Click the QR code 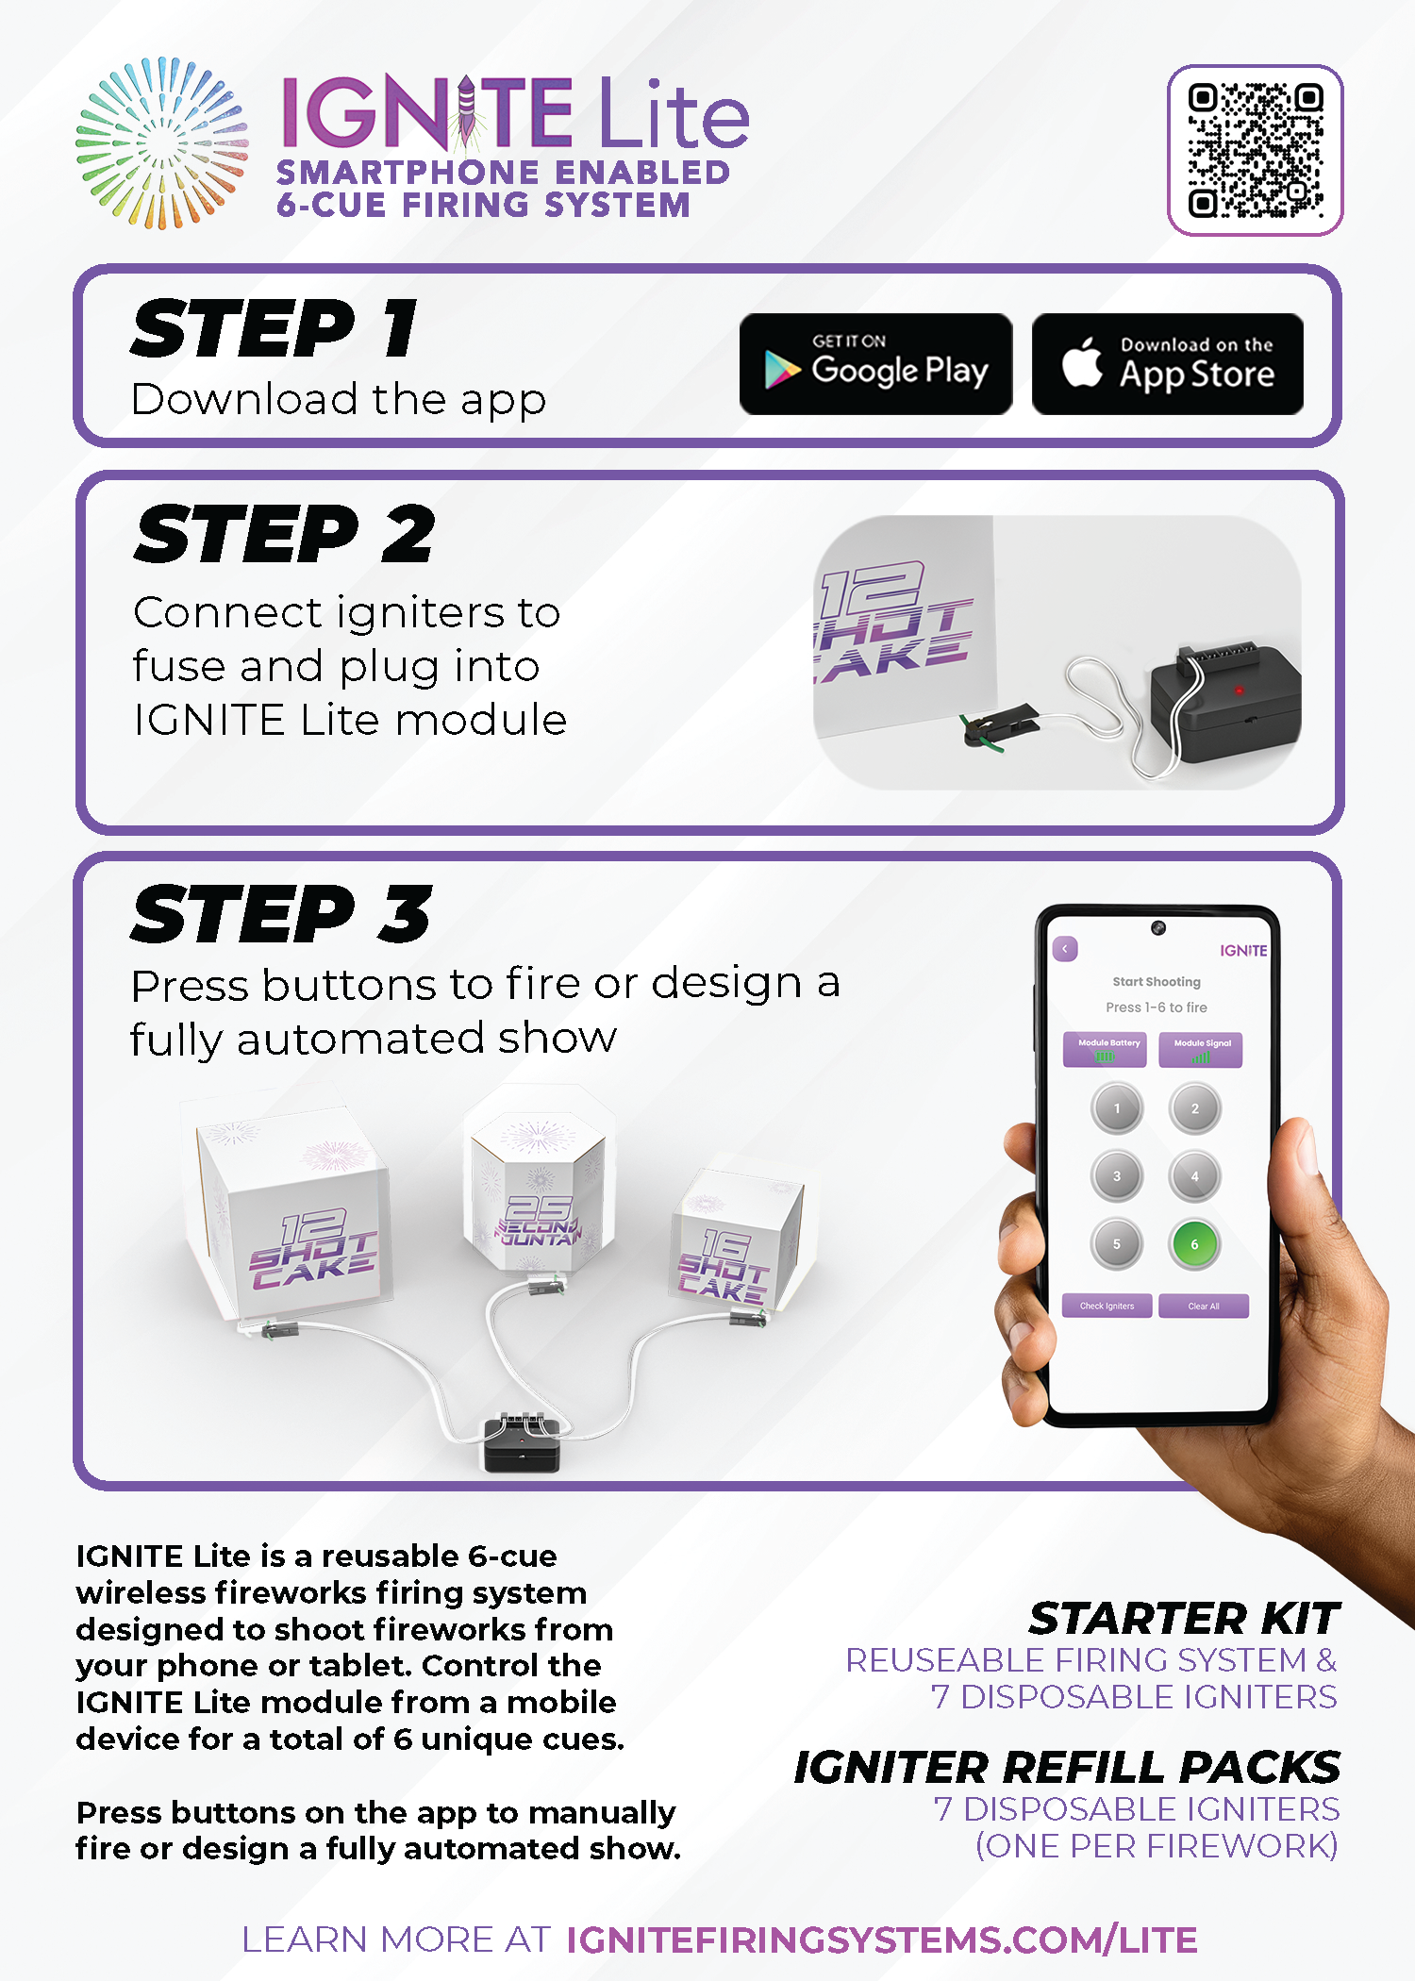1256,150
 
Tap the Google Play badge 876,364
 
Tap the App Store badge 1168,364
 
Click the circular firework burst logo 162,143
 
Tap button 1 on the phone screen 1117,1108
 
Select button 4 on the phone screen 1195,1176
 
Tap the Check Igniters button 1107,1306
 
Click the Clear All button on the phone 1204,1306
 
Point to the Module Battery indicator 1105,1049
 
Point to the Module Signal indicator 1201,1049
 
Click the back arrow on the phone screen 1065,949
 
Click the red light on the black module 1239,691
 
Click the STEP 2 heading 285,534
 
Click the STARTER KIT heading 1184,1618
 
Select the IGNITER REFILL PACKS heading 1067,1767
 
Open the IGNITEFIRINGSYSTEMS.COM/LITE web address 882,1939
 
